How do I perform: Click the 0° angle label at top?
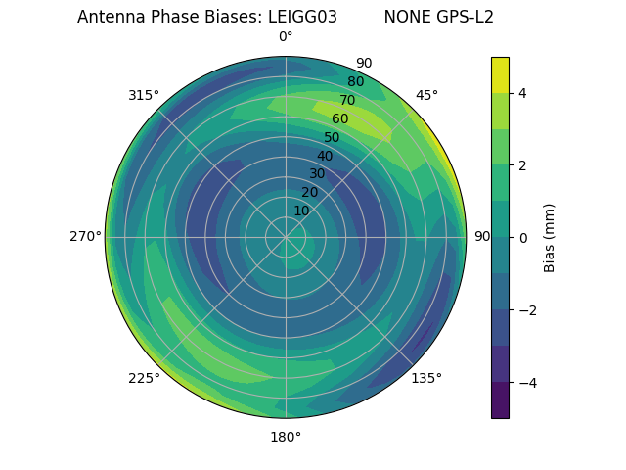286,37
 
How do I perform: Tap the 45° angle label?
426,95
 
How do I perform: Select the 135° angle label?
426,378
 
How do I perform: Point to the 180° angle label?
286,437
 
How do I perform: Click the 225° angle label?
144,378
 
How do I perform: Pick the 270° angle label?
85,236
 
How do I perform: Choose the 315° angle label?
144,95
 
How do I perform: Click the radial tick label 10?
301,211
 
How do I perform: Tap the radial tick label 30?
317,174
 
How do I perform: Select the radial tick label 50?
333,137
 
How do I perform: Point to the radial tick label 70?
347,101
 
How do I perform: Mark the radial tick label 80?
355,82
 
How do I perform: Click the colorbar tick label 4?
522,93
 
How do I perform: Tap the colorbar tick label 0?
522,237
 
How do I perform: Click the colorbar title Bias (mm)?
550,237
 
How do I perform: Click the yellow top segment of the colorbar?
500,74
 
